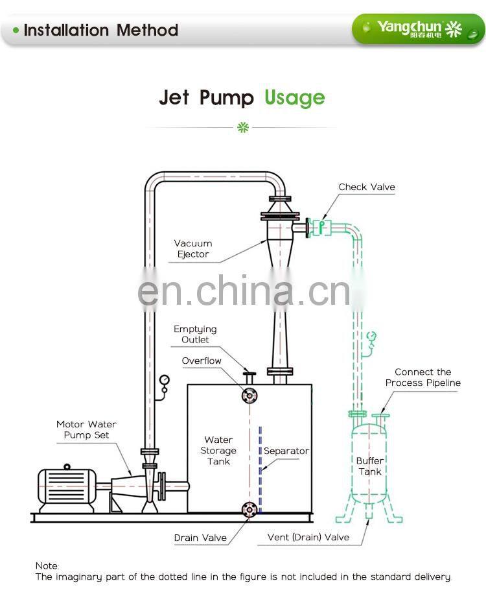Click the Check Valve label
pyautogui.click(x=366, y=187)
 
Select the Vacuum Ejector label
pyautogui.click(x=193, y=249)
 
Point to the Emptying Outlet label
pyautogui.click(x=195, y=335)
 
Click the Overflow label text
pyautogui.click(x=202, y=361)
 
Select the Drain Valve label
pyautogui.click(x=200, y=538)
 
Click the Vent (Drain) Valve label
pyautogui.click(x=308, y=537)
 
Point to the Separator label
pyautogui.click(x=286, y=451)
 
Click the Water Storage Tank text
pyautogui.click(x=218, y=451)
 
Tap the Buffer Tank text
pyautogui.click(x=370, y=466)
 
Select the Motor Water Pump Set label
pyautogui.click(x=86, y=430)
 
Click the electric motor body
pyautogui.click(x=65, y=486)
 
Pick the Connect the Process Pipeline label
pyautogui.click(x=422, y=377)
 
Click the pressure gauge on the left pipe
pyautogui.click(x=165, y=379)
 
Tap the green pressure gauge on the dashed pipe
pyautogui.click(x=371, y=336)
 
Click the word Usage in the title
pyautogui.click(x=294, y=98)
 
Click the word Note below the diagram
pyautogui.click(x=47, y=566)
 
